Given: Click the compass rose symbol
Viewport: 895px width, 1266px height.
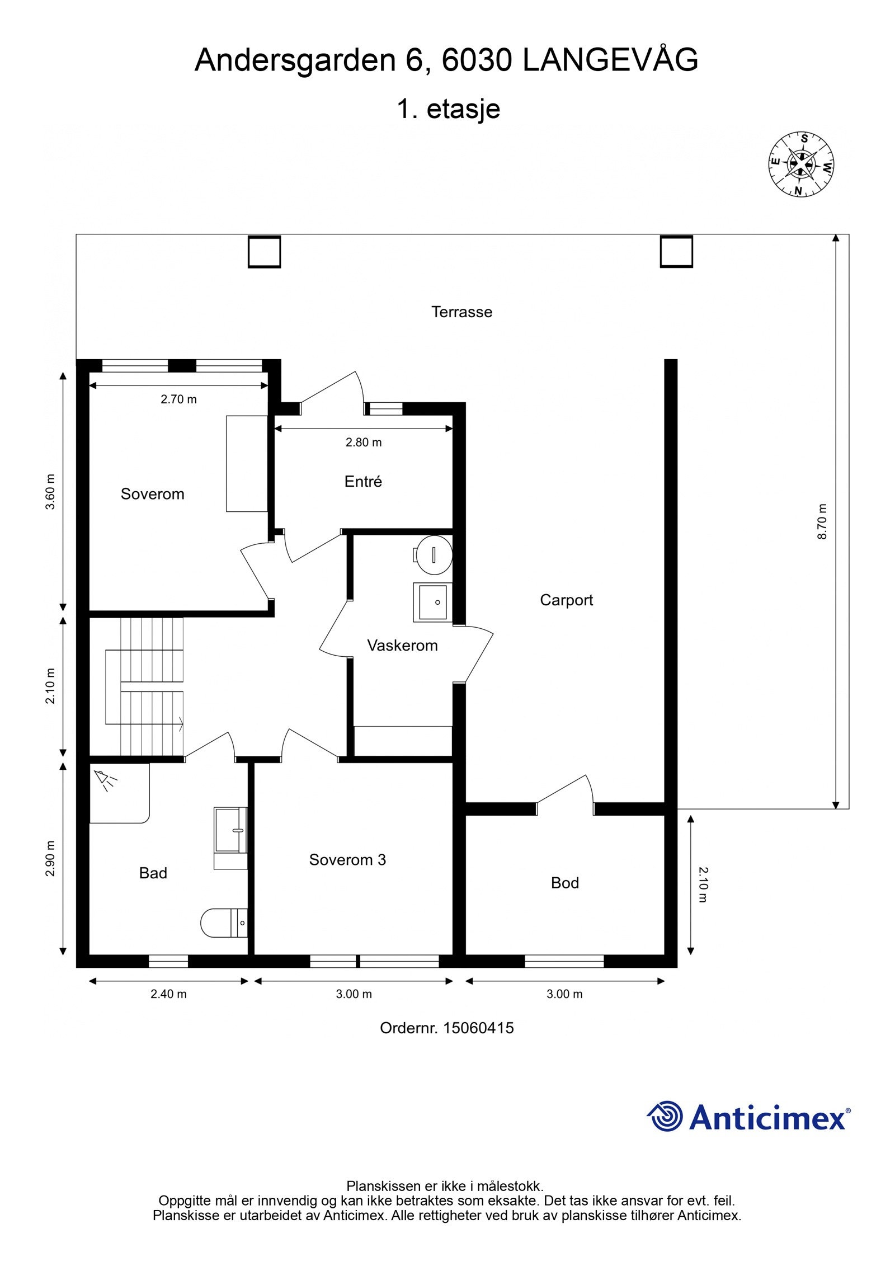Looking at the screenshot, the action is pyautogui.click(x=801, y=164).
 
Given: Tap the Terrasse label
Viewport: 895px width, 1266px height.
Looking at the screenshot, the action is pyautogui.click(x=461, y=312).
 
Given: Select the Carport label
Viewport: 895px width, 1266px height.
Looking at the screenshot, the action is pyautogui.click(x=566, y=600).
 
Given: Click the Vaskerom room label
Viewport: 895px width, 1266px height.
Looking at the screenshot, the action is pyautogui.click(x=402, y=646).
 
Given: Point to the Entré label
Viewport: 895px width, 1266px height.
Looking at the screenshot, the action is pyautogui.click(x=363, y=481).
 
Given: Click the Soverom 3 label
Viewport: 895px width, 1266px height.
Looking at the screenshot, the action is pyautogui.click(x=347, y=859).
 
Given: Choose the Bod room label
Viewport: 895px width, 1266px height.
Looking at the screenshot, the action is pyautogui.click(x=564, y=883).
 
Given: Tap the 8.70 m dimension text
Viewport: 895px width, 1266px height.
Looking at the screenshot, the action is pyautogui.click(x=822, y=521).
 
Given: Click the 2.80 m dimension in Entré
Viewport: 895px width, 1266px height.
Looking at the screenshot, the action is pyautogui.click(x=364, y=443).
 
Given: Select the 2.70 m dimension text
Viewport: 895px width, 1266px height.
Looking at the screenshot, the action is pyautogui.click(x=178, y=399).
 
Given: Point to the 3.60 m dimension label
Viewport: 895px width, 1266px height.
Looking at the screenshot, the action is pyautogui.click(x=50, y=492).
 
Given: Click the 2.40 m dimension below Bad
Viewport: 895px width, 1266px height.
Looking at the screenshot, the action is pyautogui.click(x=168, y=994).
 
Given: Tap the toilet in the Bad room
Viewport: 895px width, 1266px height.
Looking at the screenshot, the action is pyautogui.click(x=224, y=923).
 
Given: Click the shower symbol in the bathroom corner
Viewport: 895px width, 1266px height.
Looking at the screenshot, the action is pyautogui.click(x=105, y=780).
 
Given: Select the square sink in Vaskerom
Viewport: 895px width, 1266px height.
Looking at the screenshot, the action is pyautogui.click(x=432, y=602).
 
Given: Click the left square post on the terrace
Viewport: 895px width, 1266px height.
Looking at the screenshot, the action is pyautogui.click(x=264, y=252).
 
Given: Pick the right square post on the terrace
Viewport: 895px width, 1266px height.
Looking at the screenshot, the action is pyautogui.click(x=676, y=251).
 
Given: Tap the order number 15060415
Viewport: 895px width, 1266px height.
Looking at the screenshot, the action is pyautogui.click(x=478, y=1028).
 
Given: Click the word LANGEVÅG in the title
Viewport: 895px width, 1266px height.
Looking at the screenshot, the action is pyautogui.click(x=610, y=60).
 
